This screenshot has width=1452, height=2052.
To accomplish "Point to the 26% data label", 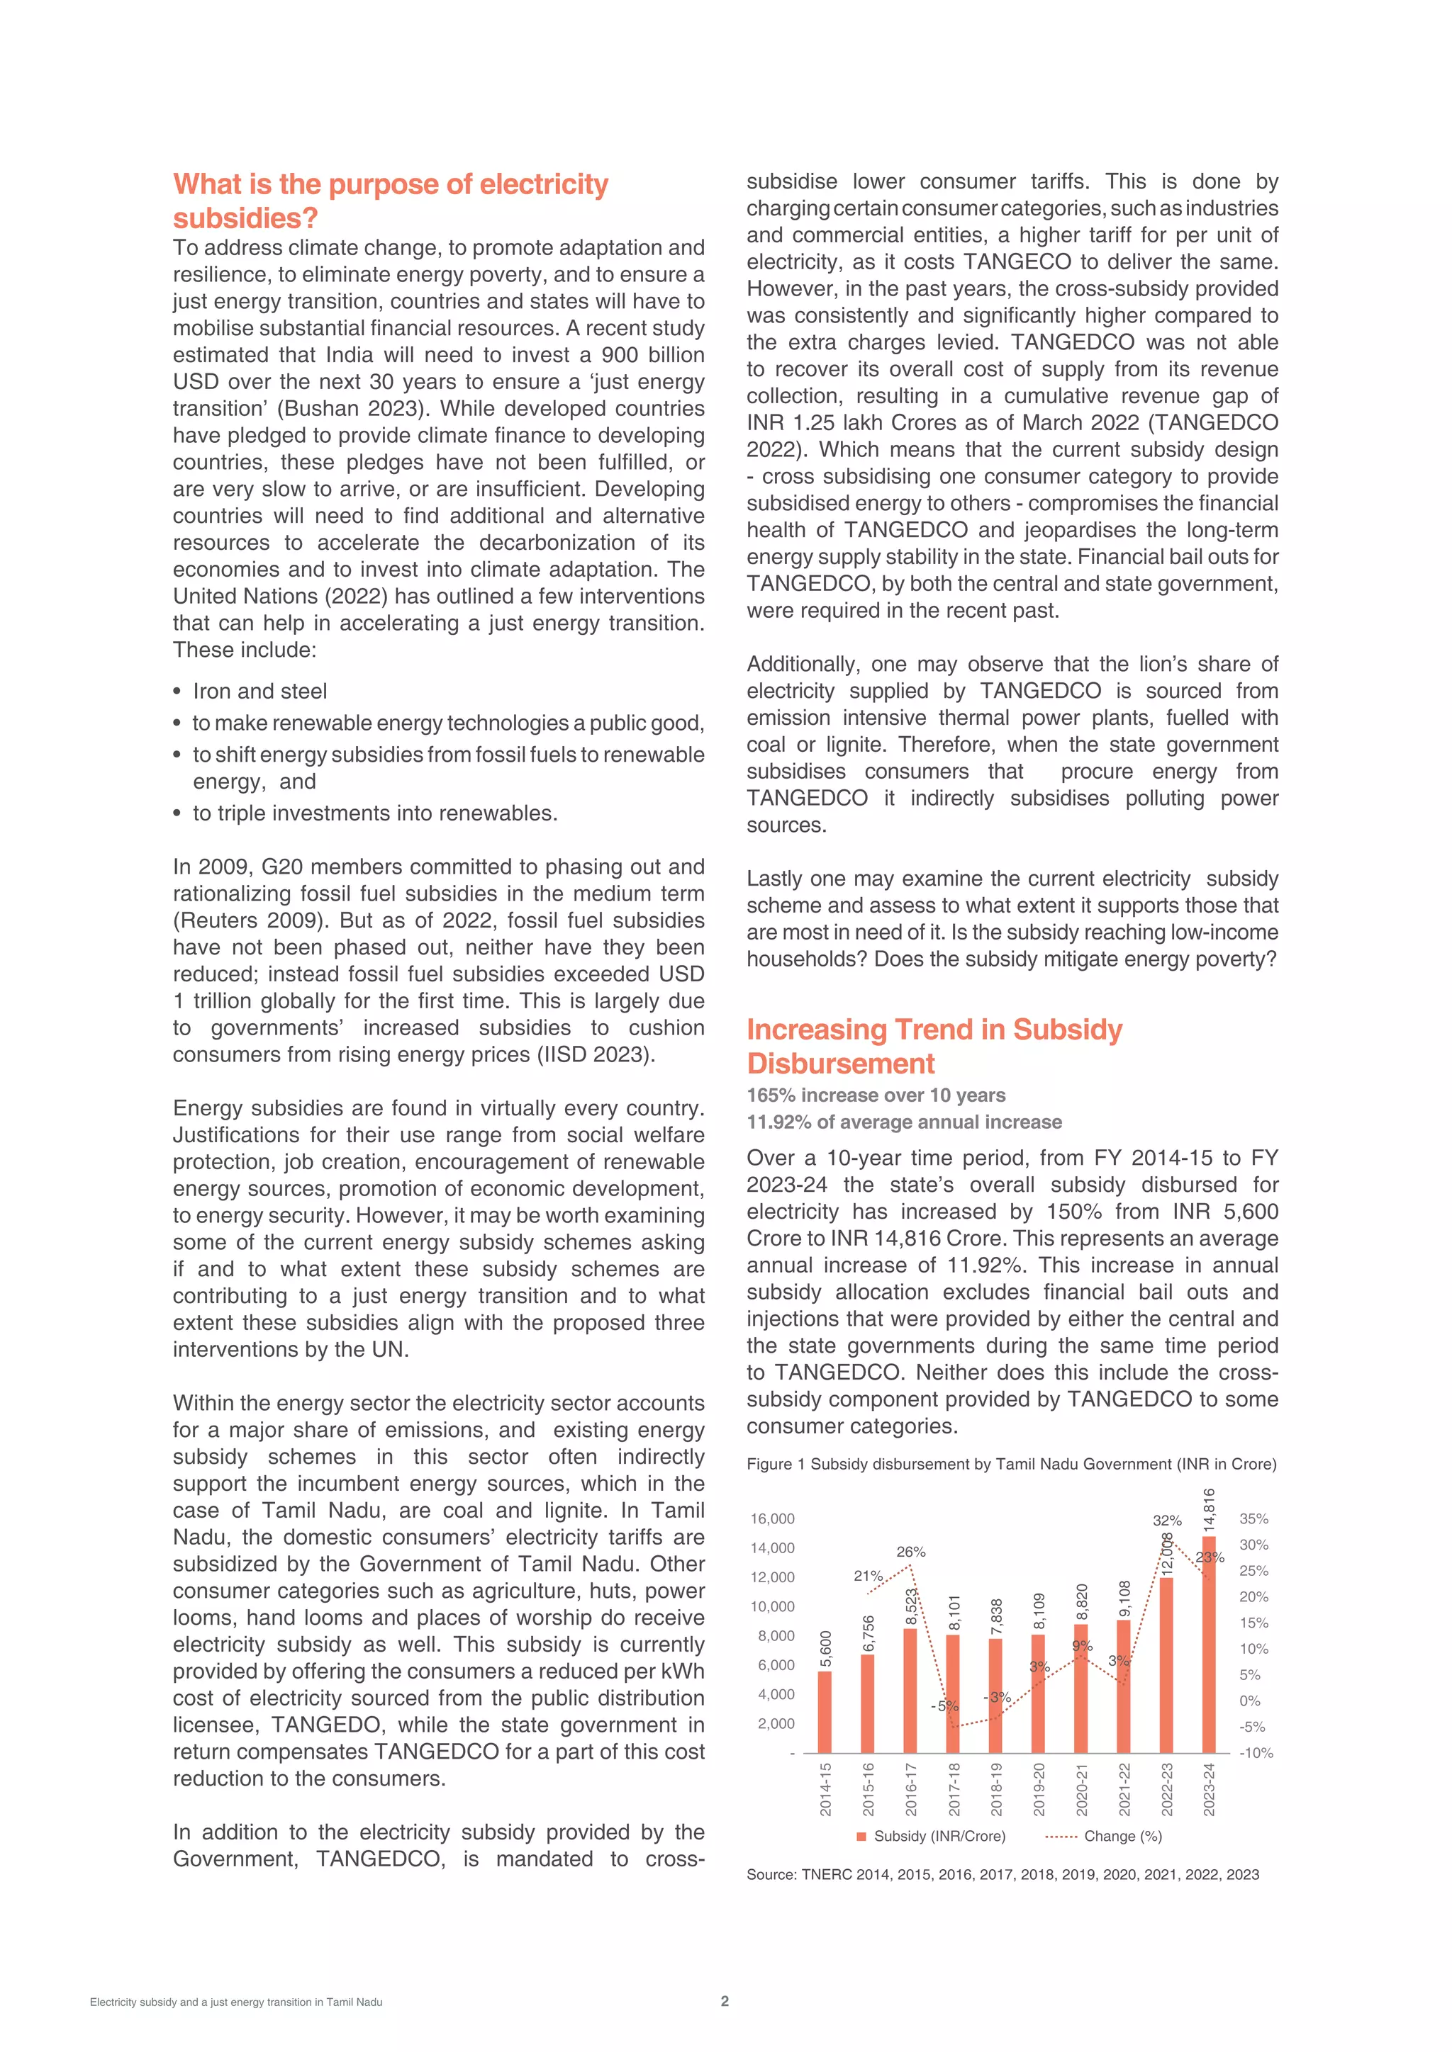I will [x=910, y=1552].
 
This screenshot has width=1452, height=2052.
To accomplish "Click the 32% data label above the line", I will [x=1167, y=1521].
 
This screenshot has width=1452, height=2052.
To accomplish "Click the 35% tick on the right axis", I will [x=1253, y=1518].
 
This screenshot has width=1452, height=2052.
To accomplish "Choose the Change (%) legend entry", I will [x=1122, y=1836].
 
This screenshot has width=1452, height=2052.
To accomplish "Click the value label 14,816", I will [x=1209, y=1511].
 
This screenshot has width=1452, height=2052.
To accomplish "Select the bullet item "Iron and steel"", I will [x=259, y=691].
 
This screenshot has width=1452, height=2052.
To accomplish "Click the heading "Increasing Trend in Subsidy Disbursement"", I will [x=934, y=1046].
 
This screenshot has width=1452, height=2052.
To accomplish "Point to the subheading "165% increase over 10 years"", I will [x=876, y=1095].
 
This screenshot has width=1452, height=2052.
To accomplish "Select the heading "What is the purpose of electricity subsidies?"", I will [x=390, y=201].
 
